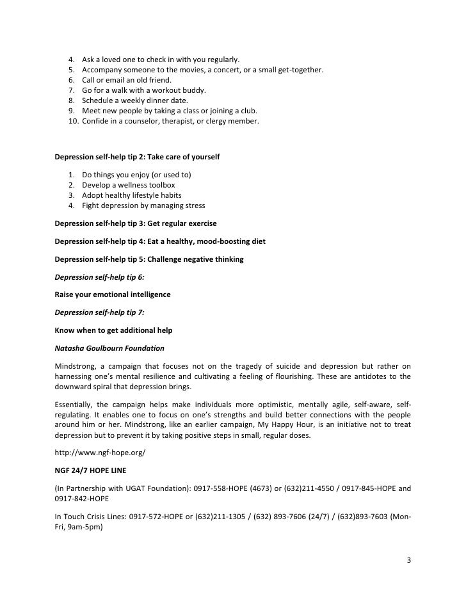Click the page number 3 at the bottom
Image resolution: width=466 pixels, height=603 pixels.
[409, 561]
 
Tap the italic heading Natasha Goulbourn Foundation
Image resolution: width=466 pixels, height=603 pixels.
[109, 348]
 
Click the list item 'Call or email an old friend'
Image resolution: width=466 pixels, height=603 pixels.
[127, 79]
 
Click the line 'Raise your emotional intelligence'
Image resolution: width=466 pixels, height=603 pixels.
[113, 295]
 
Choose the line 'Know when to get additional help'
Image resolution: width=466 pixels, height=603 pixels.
[113, 330]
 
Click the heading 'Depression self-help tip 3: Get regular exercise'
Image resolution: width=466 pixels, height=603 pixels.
[136, 223]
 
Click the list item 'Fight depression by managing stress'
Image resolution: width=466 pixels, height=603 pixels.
[143, 205]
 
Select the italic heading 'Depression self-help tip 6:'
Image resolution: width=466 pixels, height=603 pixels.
[99, 277]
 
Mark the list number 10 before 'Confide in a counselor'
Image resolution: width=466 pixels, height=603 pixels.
[71, 120]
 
